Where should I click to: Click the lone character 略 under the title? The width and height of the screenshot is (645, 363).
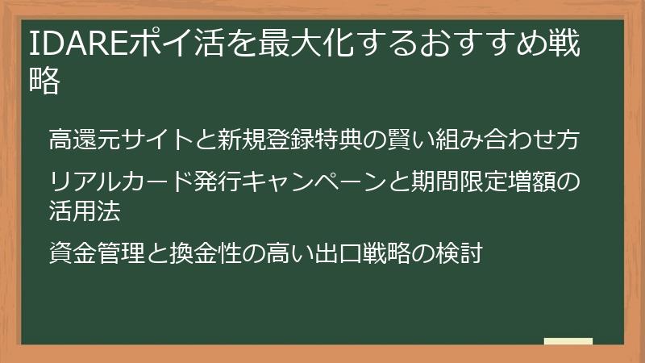[45, 81]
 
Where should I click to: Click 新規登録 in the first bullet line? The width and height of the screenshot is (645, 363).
[262, 141]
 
